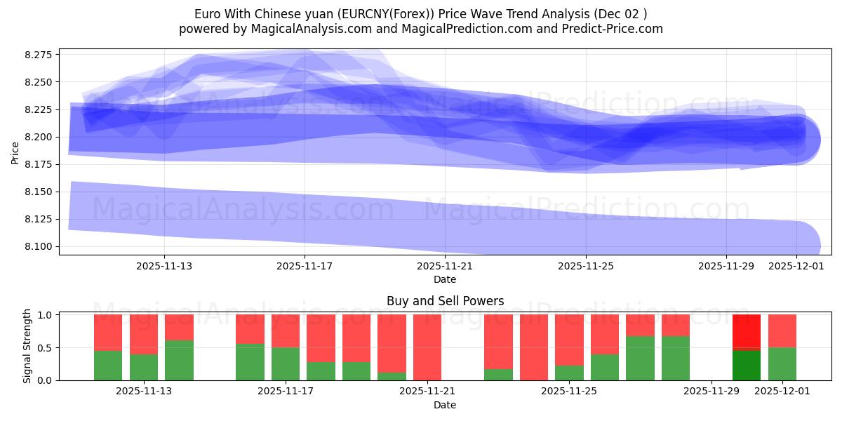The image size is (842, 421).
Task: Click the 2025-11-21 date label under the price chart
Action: [445, 266]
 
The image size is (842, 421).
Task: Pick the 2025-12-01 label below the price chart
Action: [796, 266]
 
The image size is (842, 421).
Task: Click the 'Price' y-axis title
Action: [15, 152]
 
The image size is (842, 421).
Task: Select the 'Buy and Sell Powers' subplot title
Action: [445, 301]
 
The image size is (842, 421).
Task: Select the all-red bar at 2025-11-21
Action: [427, 347]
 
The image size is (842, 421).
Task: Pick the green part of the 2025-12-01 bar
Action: [782, 364]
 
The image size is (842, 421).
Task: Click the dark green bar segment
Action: [747, 365]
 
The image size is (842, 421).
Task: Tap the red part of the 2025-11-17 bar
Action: [286, 330]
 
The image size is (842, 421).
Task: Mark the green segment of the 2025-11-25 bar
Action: [569, 373]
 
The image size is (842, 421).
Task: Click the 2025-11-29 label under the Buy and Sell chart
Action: [711, 391]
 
